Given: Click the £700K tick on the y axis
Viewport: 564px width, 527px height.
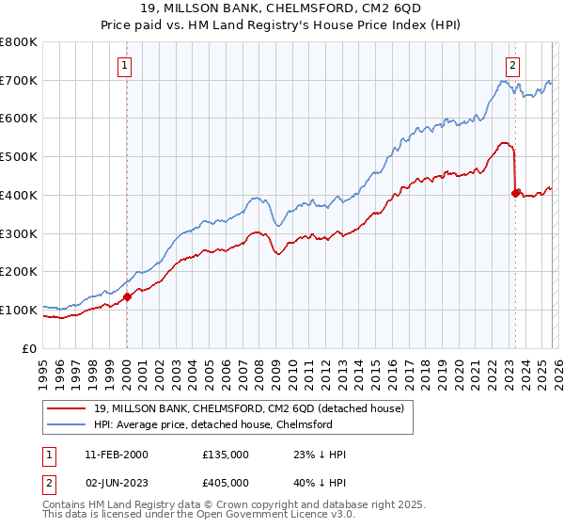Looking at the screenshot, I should click(19, 81).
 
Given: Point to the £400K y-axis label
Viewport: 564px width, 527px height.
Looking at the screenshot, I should click(19, 195).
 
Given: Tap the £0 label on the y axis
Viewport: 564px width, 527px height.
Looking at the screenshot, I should click(30, 348).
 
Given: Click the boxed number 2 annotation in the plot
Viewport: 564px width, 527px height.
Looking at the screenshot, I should click(513, 65).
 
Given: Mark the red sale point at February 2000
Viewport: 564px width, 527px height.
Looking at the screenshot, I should click(127, 296).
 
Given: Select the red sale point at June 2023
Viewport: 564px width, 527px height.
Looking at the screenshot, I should click(514, 193).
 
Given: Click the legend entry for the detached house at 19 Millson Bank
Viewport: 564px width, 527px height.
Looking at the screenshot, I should click(249, 408).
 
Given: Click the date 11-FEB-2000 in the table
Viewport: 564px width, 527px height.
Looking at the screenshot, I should click(116, 455).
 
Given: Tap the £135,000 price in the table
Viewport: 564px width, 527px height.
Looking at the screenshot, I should click(226, 455).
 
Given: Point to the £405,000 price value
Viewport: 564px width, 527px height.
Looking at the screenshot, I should click(226, 484).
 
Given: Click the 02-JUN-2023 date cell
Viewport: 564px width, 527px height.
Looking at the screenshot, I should click(116, 484).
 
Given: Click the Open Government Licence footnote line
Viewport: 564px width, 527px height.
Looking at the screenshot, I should click(192, 517).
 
